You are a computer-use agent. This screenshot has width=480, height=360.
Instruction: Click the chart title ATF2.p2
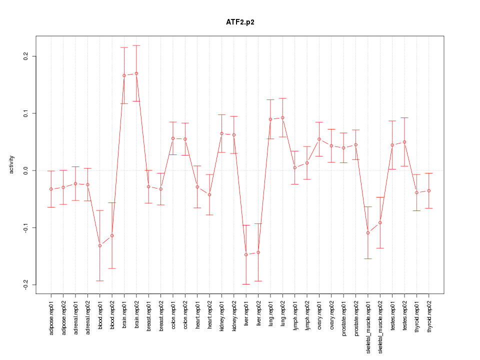click(240, 22)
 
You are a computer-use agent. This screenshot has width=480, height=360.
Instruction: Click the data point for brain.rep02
click(136, 73)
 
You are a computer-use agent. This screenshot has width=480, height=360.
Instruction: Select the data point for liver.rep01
click(246, 255)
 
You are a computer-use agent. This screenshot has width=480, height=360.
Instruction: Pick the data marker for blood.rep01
click(100, 246)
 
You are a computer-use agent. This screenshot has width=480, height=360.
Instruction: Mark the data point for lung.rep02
click(282, 118)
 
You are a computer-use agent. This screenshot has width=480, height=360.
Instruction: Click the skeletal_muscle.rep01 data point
click(368, 233)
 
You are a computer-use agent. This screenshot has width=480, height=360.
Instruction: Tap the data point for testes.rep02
click(404, 142)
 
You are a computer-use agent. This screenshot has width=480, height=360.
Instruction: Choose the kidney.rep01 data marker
click(221, 133)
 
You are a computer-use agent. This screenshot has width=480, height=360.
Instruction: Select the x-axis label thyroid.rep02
click(429, 318)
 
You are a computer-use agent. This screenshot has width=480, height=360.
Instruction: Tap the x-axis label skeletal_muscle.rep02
click(380, 325)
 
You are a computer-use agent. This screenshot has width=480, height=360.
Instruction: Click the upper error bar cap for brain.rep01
click(124, 47)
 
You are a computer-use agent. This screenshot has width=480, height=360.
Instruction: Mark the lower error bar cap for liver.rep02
click(258, 281)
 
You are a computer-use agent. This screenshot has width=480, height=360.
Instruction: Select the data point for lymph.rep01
click(295, 167)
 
